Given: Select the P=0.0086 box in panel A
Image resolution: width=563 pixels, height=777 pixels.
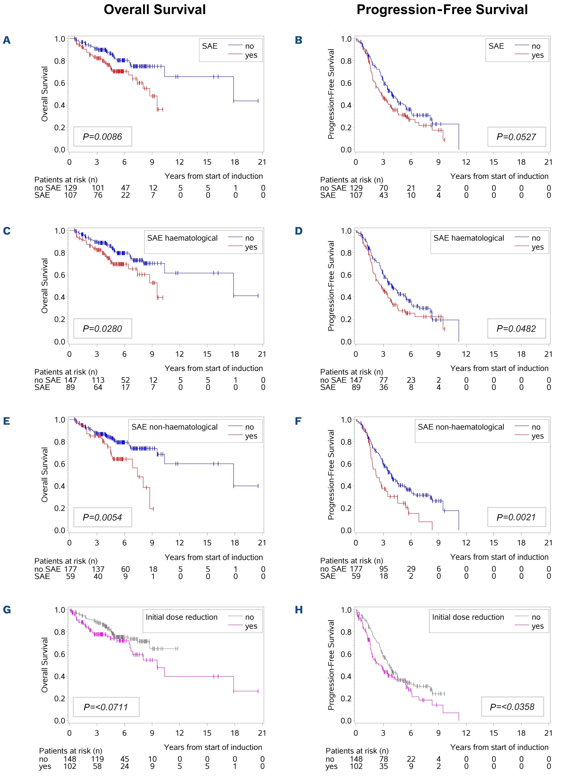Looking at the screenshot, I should click(102, 137).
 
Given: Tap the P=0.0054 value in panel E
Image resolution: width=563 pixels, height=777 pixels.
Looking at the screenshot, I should click(102, 518).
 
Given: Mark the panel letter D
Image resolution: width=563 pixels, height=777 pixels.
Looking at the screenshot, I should click(299, 231).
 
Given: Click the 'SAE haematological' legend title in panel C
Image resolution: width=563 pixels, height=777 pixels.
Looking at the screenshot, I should click(182, 238).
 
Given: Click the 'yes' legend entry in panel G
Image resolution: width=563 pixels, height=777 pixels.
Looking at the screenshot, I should click(251, 626).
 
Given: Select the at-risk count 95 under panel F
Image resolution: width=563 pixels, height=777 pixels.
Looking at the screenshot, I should click(384, 569).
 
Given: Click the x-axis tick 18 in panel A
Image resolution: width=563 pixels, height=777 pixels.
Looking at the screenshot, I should click(235, 162).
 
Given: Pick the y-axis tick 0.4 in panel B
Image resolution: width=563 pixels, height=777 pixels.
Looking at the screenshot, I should click(346, 105).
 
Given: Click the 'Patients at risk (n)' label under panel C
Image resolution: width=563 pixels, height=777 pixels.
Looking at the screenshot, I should click(66, 372).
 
